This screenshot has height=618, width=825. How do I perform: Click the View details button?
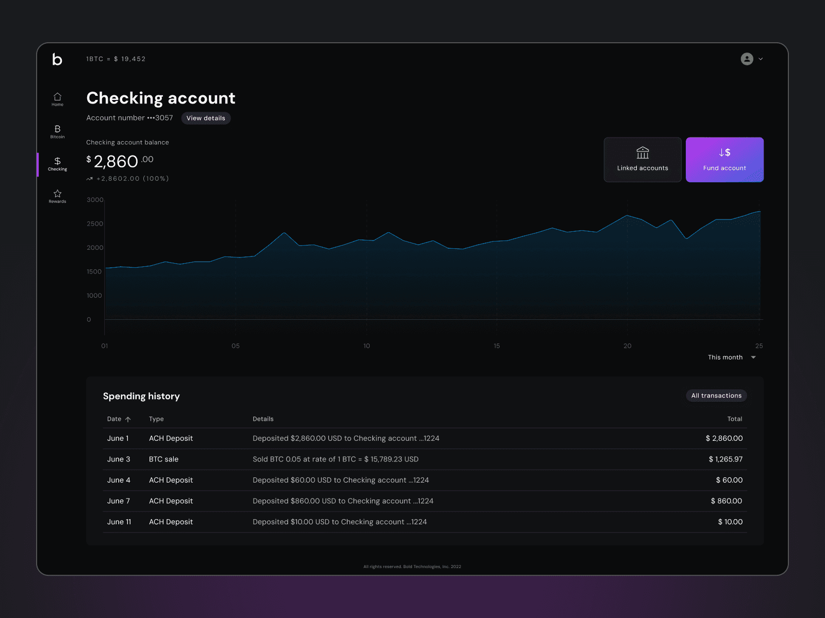tap(206, 118)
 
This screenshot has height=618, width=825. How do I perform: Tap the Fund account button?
tap(724, 160)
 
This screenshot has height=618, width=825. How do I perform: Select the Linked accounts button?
tap(642, 160)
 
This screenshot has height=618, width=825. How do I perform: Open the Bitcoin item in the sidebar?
tap(57, 132)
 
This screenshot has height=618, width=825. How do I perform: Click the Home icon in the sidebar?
tap(57, 97)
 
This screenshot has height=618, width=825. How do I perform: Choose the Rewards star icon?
tap(57, 194)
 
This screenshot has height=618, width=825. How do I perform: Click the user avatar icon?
tap(747, 59)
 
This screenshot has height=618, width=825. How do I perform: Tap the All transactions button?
tap(716, 396)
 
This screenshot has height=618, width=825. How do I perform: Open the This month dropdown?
tap(731, 357)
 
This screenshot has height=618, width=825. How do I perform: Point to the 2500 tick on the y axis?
tap(95, 224)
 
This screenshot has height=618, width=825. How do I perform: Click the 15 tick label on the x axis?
tap(497, 346)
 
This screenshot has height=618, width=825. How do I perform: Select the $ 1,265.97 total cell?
tap(725, 459)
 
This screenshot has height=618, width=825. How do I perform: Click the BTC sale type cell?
tap(163, 459)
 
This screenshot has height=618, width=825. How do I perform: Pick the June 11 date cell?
tap(119, 522)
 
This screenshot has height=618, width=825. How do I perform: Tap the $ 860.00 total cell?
tap(726, 501)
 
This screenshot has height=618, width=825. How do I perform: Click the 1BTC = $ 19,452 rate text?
tap(116, 59)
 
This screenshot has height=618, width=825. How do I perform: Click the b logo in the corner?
tap(57, 59)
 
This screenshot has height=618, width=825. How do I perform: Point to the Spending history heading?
tap(141, 396)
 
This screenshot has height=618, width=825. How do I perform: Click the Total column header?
tap(734, 419)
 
